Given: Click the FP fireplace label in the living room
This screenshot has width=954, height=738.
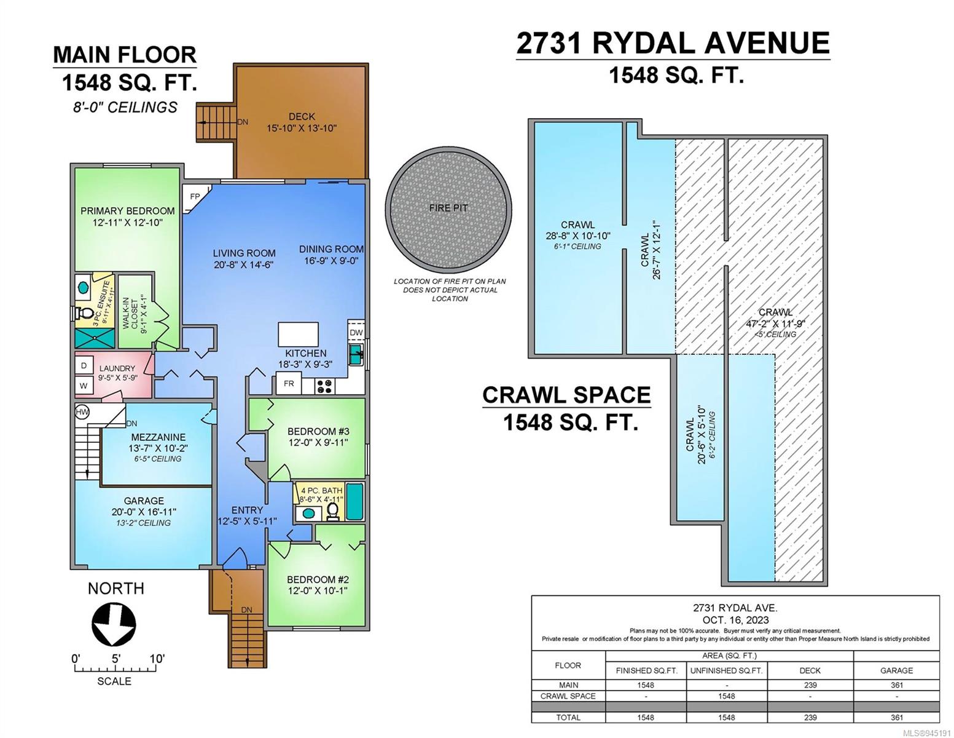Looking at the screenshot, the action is (195, 196).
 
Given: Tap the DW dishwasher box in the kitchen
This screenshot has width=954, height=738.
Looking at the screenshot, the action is (356, 332).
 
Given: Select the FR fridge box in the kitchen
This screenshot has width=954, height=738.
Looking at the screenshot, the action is (289, 383).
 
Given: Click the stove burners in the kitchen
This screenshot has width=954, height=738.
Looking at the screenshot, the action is (326, 386).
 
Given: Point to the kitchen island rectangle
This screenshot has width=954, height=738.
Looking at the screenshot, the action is (298, 334).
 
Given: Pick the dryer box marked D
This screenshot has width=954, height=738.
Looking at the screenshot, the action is (84, 365).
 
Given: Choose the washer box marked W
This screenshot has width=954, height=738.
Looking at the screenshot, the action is (84, 386).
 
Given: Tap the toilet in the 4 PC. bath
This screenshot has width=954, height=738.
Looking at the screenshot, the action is (333, 511).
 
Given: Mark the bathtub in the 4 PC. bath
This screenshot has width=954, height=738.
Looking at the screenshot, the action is (354, 501).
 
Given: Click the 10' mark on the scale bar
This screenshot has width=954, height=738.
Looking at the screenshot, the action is (157, 659).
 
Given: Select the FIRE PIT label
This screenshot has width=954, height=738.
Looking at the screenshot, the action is (448, 208).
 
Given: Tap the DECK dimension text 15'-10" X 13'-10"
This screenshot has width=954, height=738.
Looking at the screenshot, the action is (302, 128).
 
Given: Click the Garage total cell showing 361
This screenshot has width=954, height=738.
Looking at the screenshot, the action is (896, 717).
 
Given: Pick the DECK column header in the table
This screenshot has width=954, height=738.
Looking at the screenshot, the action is (810, 670).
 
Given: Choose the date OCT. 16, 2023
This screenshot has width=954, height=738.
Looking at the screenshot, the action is (735, 620).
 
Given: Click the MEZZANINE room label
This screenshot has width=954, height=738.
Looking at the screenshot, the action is (158, 437).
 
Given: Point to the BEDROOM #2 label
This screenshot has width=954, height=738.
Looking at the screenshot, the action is (318, 579).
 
